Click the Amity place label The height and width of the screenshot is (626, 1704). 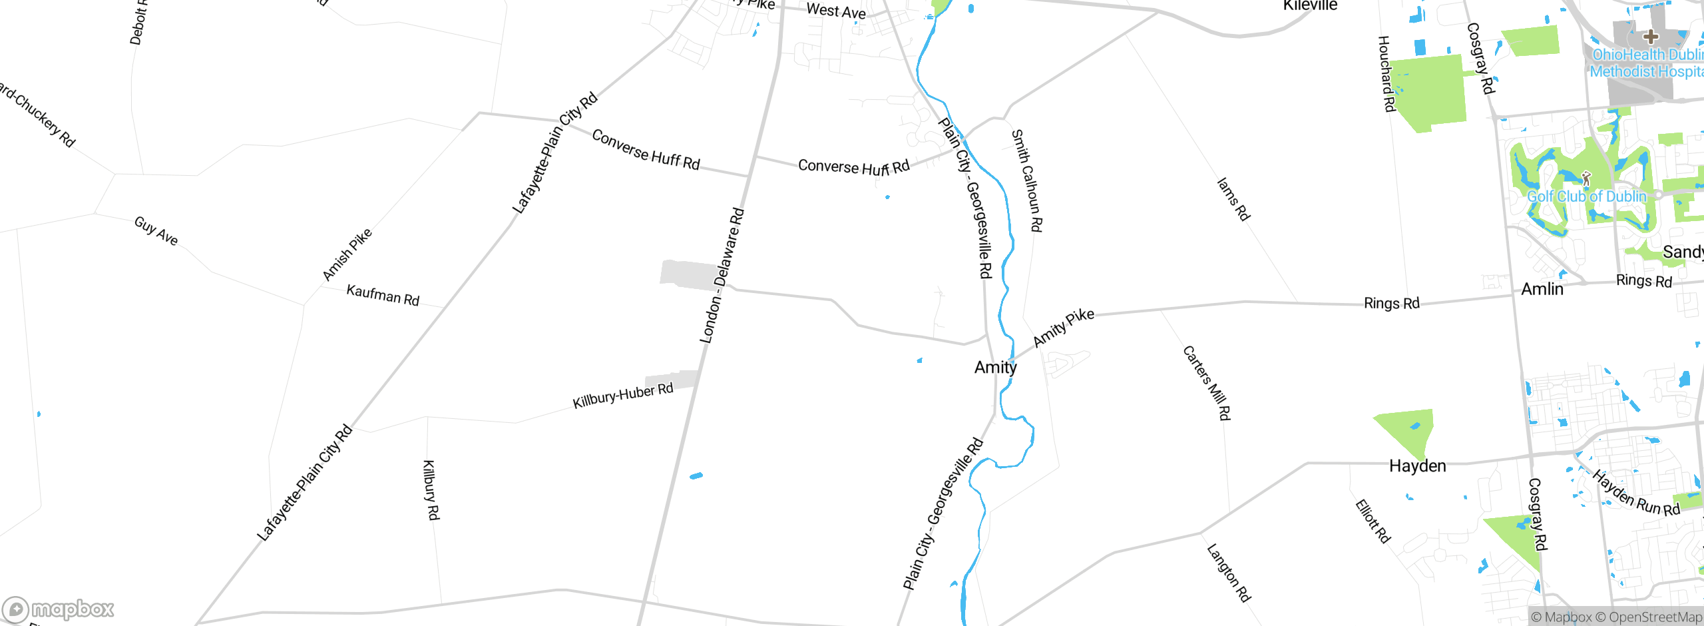tap(995, 367)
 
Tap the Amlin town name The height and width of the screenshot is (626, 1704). tap(1542, 289)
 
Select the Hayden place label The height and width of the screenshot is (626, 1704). tap(1417, 466)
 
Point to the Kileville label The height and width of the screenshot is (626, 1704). tap(1310, 6)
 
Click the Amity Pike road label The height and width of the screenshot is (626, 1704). tap(1063, 328)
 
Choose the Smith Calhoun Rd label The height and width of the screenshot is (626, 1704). tap(1026, 180)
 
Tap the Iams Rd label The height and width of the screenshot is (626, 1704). tap(1233, 198)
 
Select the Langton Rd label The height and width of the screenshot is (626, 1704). tap(1229, 573)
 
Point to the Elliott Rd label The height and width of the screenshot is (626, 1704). tap(1373, 521)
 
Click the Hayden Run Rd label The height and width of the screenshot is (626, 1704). tap(1635, 493)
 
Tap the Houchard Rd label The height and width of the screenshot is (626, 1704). tap(1386, 74)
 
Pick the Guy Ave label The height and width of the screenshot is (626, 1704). tap(156, 231)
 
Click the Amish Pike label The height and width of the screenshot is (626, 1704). tap(347, 254)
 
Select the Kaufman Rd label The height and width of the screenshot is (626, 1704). tap(383, 295)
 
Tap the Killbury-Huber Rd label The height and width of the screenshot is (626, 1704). tap(623, 395)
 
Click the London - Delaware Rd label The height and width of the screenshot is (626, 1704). tap(722, 276)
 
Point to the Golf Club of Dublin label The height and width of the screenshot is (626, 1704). tap(1586, 196)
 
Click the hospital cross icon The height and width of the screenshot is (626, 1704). tap(1650, 36)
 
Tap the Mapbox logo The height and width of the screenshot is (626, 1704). tap(59, 609)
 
